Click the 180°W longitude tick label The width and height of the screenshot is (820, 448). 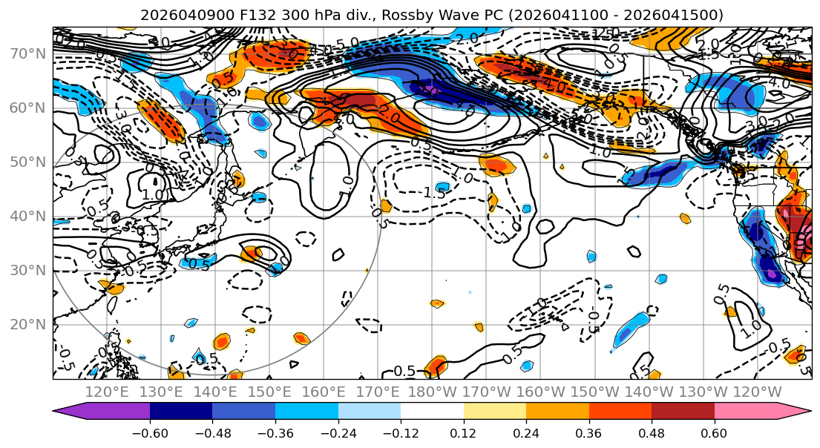pyautogui.click(x=433, y=392)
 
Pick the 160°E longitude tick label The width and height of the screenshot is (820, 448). pyautogui.click(x=324, y=392)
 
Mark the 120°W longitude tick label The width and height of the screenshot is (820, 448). pyautogui.click(x=758, y=392)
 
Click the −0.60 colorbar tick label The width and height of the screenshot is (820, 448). pyautogui.click(x=149, y=432)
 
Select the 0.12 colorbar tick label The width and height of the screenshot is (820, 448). pyautogui.click(x=463, y=432)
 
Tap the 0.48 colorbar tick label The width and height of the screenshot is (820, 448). pyautogui.click(x=652, y=432)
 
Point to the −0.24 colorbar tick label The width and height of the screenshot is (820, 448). pyautogui.click(x=338, y=432)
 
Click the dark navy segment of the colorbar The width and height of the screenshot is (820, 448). pyautogui.click(x=180, y=412)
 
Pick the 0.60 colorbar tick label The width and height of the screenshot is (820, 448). pyautogui.click(x=714, y=432)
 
